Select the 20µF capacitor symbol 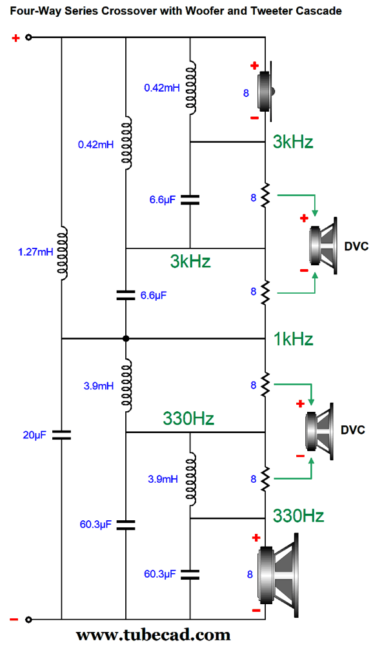tap(61, 434)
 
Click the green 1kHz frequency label tap(293, 339)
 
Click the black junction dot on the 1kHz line tap(126, 338)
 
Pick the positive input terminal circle tap(28, 38)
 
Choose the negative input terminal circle tap(28, 620)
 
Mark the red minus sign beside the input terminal tap(14, 620)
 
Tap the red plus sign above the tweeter tap(254, 65)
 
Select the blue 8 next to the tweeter tap(246, 93)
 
